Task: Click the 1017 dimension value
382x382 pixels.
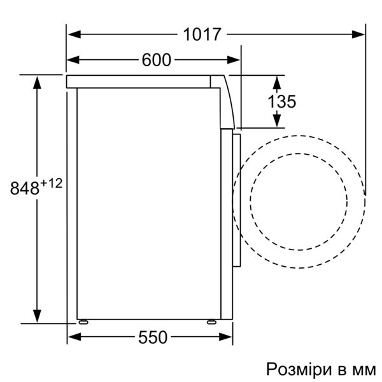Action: coord(202,34)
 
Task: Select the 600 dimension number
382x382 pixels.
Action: coord(157,60)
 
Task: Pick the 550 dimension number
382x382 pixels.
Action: coord(153,337)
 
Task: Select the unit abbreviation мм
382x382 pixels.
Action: coord(365,369)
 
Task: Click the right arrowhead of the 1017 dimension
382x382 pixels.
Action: coord(360,34)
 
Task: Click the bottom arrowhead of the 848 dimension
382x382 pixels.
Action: coord(38,316)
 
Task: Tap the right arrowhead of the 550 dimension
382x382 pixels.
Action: coord(227,337)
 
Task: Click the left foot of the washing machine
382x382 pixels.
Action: coord(83,320)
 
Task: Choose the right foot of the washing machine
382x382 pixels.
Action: coord(210,320)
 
